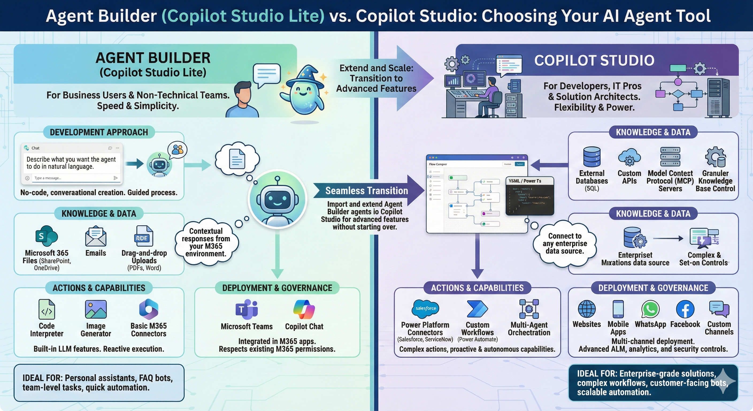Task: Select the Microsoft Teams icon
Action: (247, 310)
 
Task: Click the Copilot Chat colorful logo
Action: (304, 310)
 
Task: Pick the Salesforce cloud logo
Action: (425, 308)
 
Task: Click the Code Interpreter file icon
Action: (47, 309)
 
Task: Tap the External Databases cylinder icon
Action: (592, 157)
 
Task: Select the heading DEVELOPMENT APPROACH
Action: (99, 132)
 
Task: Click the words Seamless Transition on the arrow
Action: (367, 191)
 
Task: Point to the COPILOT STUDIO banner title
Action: (594, 60)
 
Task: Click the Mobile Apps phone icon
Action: (618, 309)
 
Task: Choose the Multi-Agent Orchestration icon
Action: (529, 309)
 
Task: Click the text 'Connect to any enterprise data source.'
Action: (565, 243)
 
